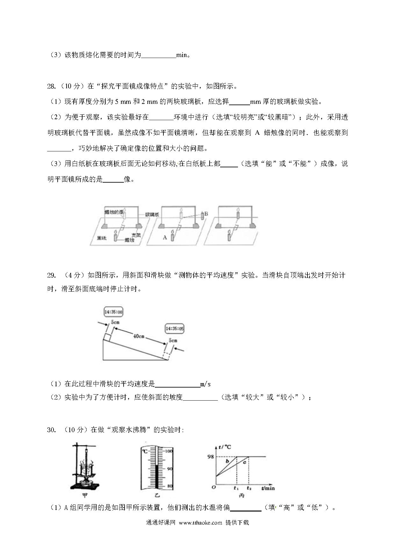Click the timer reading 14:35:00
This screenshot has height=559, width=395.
coord(113,312)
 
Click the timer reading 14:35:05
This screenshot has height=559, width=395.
coord(175,329)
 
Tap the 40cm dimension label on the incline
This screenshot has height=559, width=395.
coord(139,336)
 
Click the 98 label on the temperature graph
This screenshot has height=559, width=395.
coord(211,457)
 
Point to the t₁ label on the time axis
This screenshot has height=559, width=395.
coord(236,488)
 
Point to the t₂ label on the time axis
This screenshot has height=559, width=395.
coord(249,488)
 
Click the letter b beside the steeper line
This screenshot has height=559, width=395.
coord(227,461)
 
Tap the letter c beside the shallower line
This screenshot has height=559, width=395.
coord(244,462)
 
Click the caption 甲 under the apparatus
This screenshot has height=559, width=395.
coord(85,496)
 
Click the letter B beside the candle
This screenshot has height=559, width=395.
coord(206,214)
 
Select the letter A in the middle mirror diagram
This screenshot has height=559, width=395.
coord(165,237)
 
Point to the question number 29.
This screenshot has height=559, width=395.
coord(51,275)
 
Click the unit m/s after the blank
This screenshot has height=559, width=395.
coord(205,384)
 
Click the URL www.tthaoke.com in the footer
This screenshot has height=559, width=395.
coord(200,523)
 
